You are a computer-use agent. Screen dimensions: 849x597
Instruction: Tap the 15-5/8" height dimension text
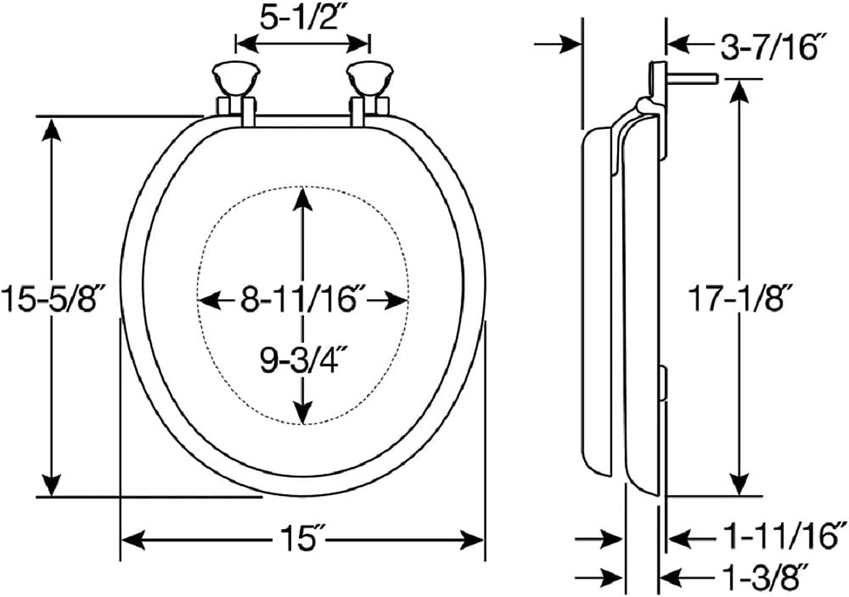point(52,299)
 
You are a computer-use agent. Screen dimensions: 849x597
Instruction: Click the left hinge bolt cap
point(236,79)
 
